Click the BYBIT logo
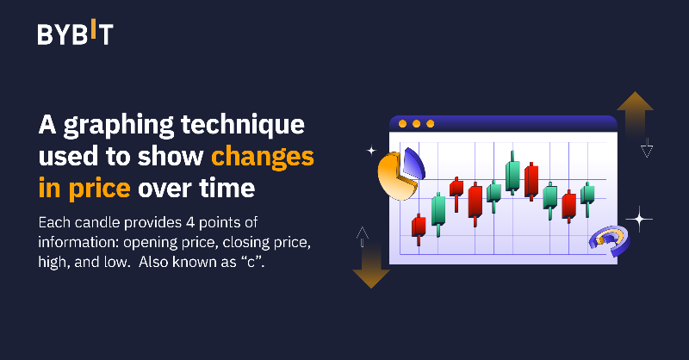click(x=75, y=34)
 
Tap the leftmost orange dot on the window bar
click(x=401, y=123)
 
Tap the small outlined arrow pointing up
click(x=362, y=233)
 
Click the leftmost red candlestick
click(x=419, y=227)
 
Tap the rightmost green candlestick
click(x=587, y=196)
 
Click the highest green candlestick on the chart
click(x=513, y=173)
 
